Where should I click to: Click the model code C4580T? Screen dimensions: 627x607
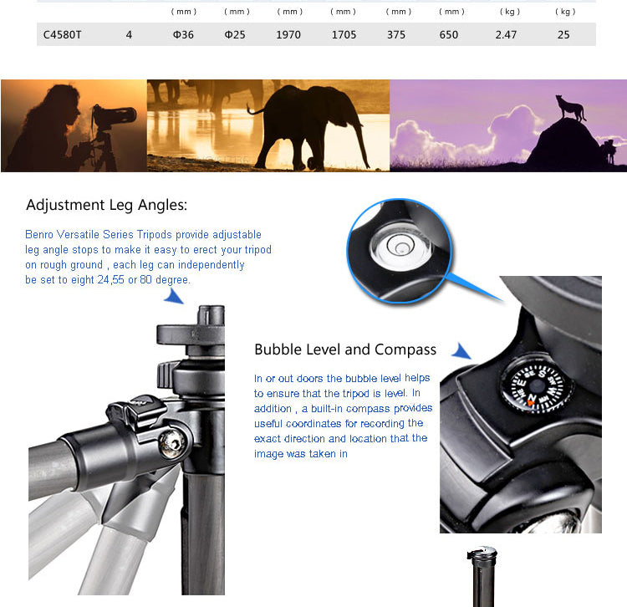(x=62, y=35)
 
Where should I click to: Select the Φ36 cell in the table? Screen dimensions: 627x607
(x=183, y=35)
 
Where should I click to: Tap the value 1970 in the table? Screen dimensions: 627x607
(x=288, y=35)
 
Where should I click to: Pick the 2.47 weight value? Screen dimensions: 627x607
(x=506, y=35)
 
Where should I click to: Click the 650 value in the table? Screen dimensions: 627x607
(x=449, y=35)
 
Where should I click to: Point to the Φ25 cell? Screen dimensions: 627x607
(x=235, y=35)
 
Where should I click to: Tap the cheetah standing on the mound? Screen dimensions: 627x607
(x=570, y=107)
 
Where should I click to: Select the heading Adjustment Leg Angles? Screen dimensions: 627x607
(x=106, y=205)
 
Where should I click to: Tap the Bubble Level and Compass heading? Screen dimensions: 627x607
(x=345, y=349)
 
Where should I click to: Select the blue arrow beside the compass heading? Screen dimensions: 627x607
(x=461, y=351)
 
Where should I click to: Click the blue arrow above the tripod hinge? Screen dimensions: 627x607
(x=174, y=296)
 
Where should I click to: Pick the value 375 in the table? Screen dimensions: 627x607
(x=396, y=35)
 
